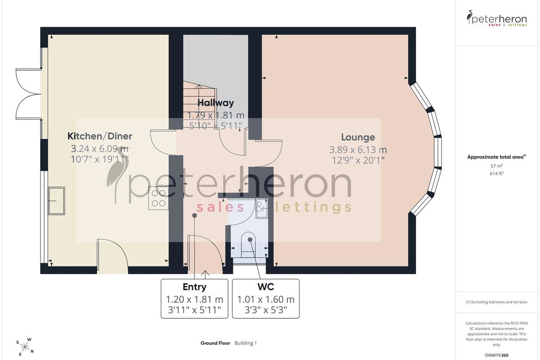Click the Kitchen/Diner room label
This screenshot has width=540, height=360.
click(99, 136)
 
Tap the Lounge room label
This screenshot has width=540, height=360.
click(358, 137)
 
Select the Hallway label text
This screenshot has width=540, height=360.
click(216, 103)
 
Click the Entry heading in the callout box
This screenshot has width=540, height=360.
click(194, 287)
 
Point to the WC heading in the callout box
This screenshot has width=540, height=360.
click(265, 287)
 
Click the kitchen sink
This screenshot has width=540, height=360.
click(56, 201)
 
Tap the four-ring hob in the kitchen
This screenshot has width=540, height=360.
click(158, 198)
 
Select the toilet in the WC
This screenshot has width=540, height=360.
click(248, 244)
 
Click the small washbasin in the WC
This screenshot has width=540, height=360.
click(262, 208)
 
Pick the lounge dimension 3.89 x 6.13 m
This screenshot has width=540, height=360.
click(358, 150)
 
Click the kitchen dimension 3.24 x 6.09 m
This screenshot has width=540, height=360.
click(99, 148)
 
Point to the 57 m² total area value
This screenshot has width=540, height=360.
click(496, 166)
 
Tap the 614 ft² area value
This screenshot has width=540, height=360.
click(496, 173)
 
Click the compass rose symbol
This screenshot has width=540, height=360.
click(24, 347)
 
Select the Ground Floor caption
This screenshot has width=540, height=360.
click(215, 343)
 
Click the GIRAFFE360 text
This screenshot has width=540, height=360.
click(496, 355)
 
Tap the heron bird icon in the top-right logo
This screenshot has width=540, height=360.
click(469, 17)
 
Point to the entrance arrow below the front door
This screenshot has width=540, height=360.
click(205, 275)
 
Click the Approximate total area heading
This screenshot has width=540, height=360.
click(496, 157)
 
